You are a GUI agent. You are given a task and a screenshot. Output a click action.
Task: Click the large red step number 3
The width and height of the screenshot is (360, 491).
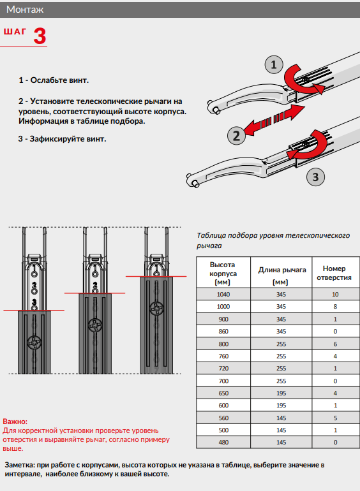pyautogui.click(x=40, y=36)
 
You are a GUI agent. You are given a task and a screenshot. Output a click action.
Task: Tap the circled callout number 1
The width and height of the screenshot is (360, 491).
pyautogui.click(x=274, y=64)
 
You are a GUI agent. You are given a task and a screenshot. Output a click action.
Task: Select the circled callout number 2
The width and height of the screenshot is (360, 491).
pyautogui.click(x=236, y=136)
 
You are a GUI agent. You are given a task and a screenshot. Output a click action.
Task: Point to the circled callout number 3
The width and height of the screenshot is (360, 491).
pyautogui.click(x=315, y=177)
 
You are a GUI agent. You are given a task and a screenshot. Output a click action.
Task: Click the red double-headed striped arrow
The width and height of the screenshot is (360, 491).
pyautogui.click(x=274, y=120)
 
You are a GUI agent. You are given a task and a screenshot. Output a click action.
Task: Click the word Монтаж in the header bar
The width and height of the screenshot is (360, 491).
pyautogui.click(x=25, y=10)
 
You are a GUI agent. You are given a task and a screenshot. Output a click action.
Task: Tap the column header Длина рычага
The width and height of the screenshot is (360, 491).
pyautogui.click(x=282, y=270)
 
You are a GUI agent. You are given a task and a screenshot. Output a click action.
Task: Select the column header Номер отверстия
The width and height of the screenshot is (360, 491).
pyautogui.click(x=334, y=273)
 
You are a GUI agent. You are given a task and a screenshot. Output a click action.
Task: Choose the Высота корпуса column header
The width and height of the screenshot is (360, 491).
pyautogui.click(x=223, y=274)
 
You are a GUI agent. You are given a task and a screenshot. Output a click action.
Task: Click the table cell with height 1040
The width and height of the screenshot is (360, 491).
pyautogui.click(x=223, y=295)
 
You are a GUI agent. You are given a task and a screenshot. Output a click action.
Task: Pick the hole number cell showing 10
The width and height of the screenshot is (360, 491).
pyautogui.click(x=335, y=295)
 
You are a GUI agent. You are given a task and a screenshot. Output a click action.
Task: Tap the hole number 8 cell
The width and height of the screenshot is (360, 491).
pyautogui.click(x=335, y=307)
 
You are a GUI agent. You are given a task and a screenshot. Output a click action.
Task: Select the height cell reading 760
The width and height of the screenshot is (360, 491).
pyautogui.click(x=223, y=356)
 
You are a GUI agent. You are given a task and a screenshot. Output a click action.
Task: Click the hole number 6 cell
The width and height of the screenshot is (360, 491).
pyautogui.click(x=335, y=344)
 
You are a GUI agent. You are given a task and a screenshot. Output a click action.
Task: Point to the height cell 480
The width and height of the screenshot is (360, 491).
pyautogui.click(x=223, y=442)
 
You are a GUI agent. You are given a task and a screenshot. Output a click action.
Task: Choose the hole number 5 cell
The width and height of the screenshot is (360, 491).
pyautogui.click(x=335, y=418)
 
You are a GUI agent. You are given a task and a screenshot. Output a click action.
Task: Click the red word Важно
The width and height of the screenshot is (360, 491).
pyautogui.click(x=15, y=421)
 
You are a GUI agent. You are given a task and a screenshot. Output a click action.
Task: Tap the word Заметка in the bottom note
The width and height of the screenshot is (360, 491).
pyautogui.click(x=19, y=465)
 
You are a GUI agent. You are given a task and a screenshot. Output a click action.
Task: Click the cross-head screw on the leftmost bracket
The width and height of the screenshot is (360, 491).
pyautogui.click(x=34, y=343)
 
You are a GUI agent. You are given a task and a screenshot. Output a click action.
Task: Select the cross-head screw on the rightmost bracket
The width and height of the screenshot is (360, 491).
pyautogui.click(x=156, y=309)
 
